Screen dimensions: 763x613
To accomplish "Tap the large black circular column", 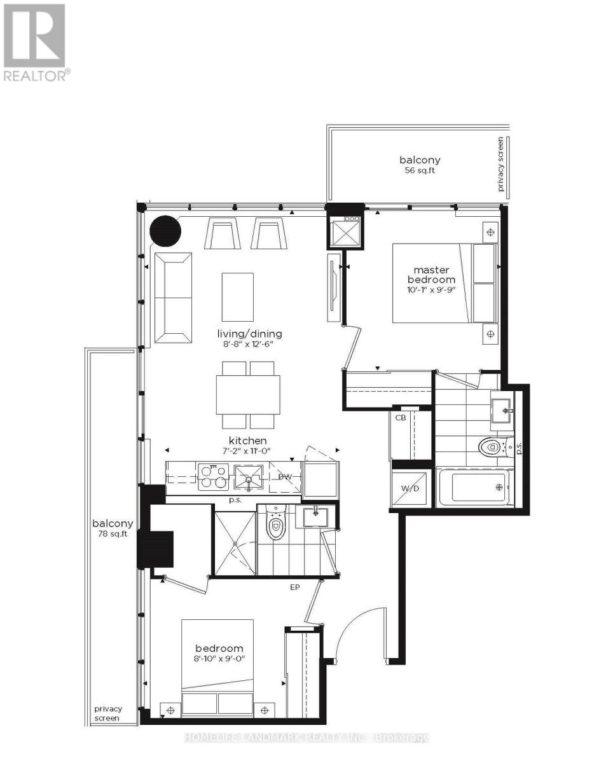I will click(x=165, y=231).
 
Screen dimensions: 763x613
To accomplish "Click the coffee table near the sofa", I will click(x=238, y=296).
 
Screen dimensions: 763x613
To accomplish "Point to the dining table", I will click(x=248, y=395).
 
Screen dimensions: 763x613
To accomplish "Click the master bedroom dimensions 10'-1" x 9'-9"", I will click(x=432, y=290).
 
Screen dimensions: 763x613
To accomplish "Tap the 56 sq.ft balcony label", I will click(x=420, y=170).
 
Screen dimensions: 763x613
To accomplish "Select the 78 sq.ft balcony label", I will click(x=113, y=533).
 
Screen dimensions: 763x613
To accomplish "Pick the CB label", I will click(x=401, y=418).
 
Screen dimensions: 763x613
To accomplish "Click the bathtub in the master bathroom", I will click(x=474, y=488).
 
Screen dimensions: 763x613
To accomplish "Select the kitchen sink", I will click(x=249, y=477).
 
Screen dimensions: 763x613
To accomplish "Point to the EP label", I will click(x=294, y=588).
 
